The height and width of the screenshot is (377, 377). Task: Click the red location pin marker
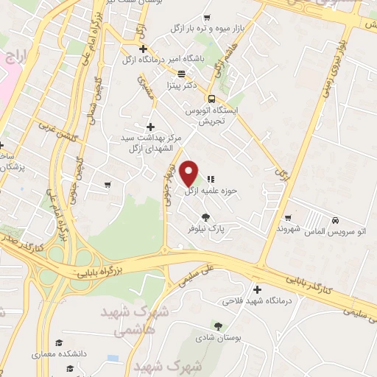click(x=189, y=173)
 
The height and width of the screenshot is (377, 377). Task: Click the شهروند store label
click(x=269, y=229)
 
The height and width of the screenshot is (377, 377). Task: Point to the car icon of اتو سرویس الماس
click(x=335, y=220)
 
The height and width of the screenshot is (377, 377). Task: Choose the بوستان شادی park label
click(x=216, y=339)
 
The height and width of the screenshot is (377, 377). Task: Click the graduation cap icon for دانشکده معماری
click(x=59, y=343)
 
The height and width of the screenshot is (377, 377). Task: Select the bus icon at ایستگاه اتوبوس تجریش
click(x=211, y=99)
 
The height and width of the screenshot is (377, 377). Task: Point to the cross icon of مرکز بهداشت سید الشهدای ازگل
click(x=151, y=126)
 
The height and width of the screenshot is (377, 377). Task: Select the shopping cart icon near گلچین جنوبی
click(x=108, y=183)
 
